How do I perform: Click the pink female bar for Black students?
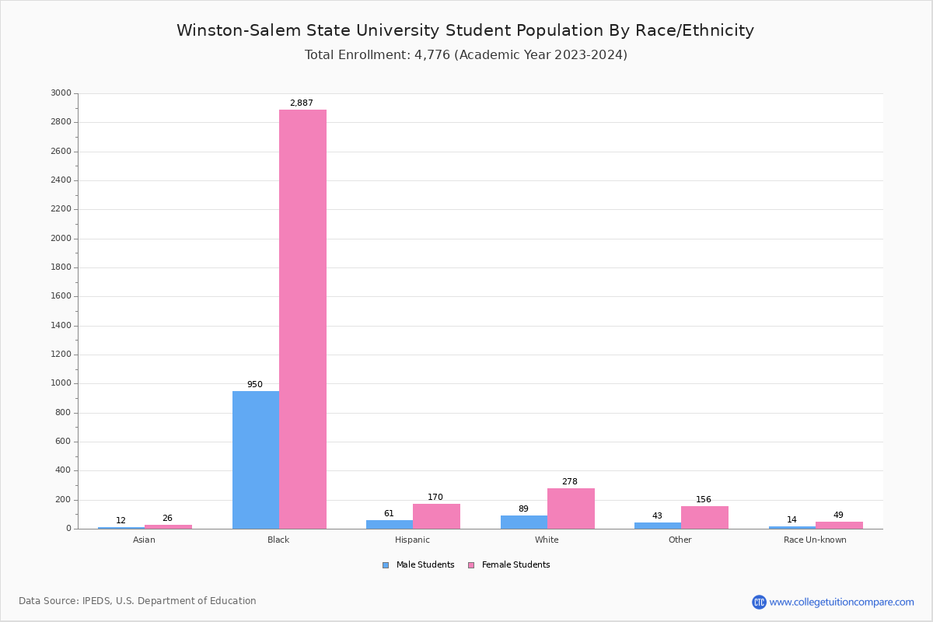point(302,319)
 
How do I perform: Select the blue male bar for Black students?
point(256,460)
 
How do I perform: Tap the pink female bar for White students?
point(571,508)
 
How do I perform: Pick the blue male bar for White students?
point(524,522)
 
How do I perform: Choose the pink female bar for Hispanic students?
point(436,516)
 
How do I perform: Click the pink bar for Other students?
point(704,517)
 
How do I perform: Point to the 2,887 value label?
point(302,103)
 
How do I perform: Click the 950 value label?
point(255,384)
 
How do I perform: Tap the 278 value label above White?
point(570,481)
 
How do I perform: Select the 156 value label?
point(704,499)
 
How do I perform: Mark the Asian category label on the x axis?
point(145,540)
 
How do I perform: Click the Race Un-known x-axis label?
point(815,540)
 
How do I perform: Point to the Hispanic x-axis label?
point(412,540)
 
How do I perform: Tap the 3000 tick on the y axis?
point(61,93)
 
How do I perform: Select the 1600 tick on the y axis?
point(61,296)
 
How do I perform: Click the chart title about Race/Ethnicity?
point(465,30)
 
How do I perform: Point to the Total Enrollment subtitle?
point(466,54)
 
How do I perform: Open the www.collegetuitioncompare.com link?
point(841,602)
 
